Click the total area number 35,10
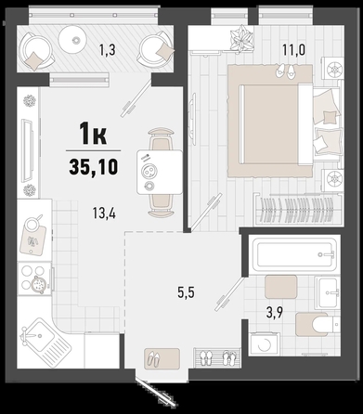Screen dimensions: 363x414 pyautogui.click(x=94, y=167)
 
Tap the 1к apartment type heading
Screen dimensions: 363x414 pyautogui.click(x=93, y=134)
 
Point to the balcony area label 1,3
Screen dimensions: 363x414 pyautogui.click(x=108, y=50)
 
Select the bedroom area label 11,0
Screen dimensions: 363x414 pyautogui.click(x=293, y=49)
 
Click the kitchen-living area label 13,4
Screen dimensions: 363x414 pyautogui.click(x=104, y=213)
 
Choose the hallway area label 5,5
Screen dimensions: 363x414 pyautogui.click(x=186, y=292)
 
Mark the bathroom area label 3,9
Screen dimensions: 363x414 pyautogui.click(x=275, y=313)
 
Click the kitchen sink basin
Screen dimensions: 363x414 pyautogui.click(x=39, y=335)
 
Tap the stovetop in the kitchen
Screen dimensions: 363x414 pyautogui.click(x=34, y=278)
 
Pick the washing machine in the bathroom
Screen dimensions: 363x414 pyautogui.click(x=264, y=344)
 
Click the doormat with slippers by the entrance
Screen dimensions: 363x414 pyautogui.click(x=162, y=358)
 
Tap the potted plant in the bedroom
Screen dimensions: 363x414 pyautogui.click(x=242, y=38)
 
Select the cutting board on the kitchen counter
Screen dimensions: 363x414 pyautogui.click(x=33, y=240)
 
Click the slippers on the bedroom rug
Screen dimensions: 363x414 pyautogui.click(x=286, y=71)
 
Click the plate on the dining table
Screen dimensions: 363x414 pyautogui.click(x=149, y=170)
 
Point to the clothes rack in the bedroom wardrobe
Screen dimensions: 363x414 pyautogui.click(x=296, y=209)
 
